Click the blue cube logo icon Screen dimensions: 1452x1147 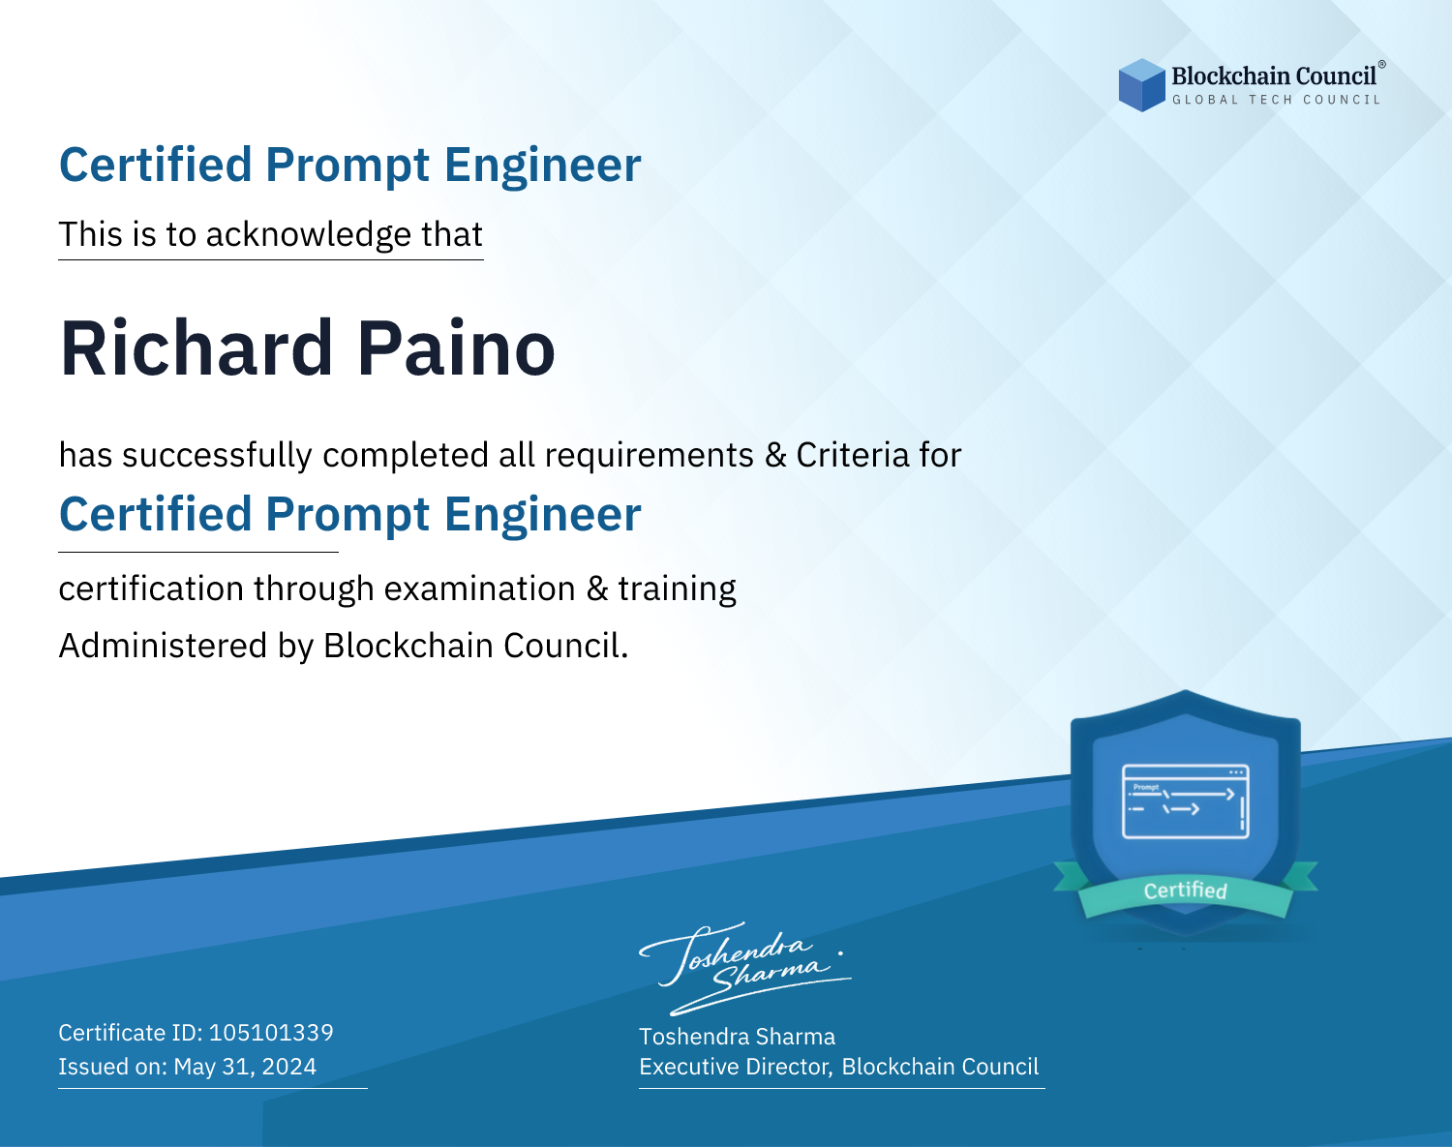[x=1141, y=85]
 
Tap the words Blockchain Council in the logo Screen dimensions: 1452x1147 [x=1274, y=76]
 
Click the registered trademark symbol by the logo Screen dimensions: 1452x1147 [x=1382, y=65]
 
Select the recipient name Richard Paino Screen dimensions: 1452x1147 [x=308, y=348]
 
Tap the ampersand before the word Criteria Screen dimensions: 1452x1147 [x=775, y=455]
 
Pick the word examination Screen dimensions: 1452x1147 [x=480, y=589]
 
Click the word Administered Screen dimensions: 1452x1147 [x=164, y=646]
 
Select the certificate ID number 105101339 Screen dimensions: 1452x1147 [x=271, y=1032]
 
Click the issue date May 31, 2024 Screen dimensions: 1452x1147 [x=245, y=1067]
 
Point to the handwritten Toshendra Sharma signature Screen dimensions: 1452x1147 [x=745, y=969]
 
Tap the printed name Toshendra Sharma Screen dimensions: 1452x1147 [x=738, y=1037]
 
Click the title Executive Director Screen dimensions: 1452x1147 [x=734, y=1067]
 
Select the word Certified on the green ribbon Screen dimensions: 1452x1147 [x=1186, y=890]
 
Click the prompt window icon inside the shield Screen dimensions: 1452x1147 [x=1186, y=801]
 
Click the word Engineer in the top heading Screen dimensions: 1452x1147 [x=542, y=166]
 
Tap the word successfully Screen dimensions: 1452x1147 [x=216, y=455]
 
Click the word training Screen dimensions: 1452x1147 [x=678, y=589]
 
